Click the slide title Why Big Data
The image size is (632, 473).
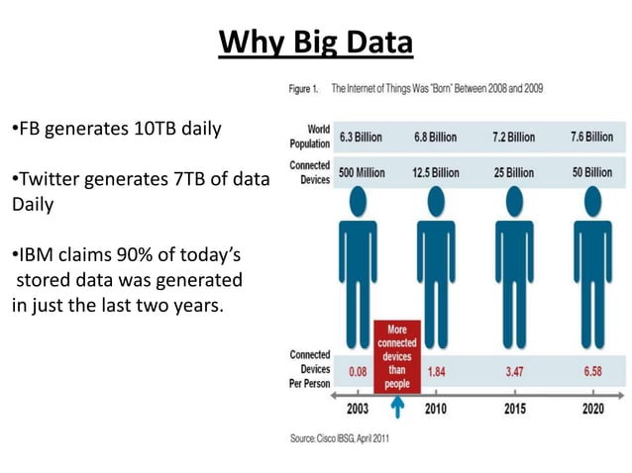(315, 43)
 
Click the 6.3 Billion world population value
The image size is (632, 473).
(361, 137)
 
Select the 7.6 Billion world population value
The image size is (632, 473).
(591, 137)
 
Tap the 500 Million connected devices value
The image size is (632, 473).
(362, 172)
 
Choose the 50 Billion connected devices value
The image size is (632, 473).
(591, 172)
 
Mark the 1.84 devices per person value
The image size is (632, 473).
(436, 371)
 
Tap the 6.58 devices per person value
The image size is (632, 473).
(592, 371)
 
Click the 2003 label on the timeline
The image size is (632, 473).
(357, 408)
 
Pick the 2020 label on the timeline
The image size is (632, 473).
(592, 408)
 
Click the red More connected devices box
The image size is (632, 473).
(396, 354)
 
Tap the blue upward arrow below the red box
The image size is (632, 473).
(397, 407)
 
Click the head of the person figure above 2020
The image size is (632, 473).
(592, 201)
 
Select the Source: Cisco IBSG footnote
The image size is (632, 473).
(340, 437)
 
